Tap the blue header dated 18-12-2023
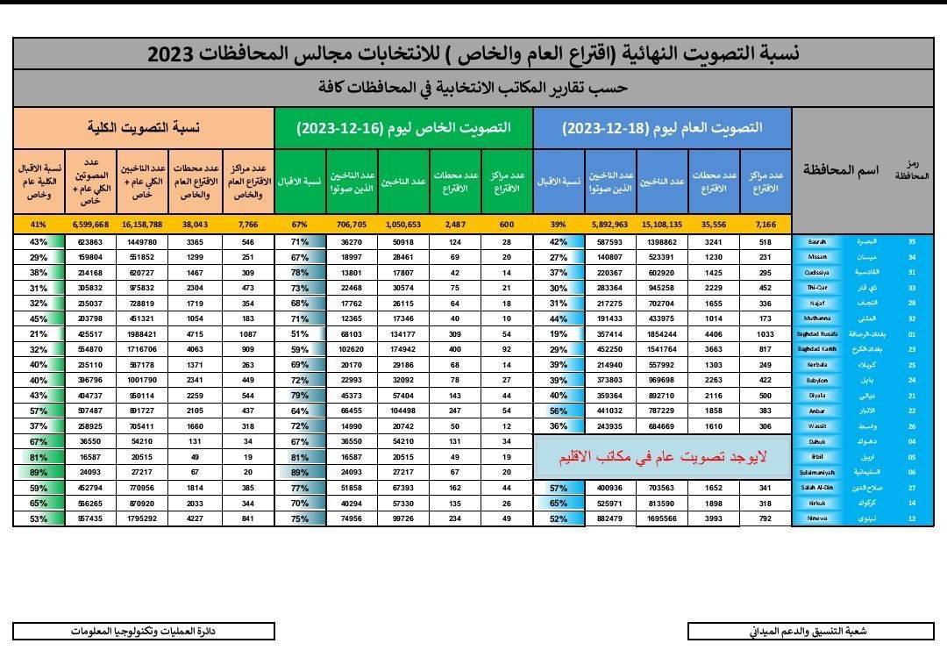point(662,128)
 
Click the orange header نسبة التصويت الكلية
point(143,128)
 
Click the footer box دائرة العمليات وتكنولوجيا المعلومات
point(143,631)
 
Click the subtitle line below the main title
point(473,89)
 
